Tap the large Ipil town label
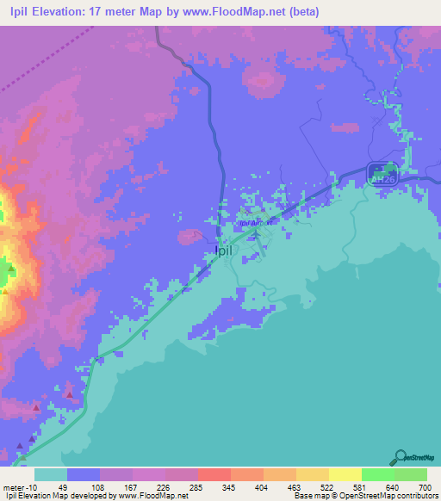tap(222, 251)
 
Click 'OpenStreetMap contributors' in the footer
tap(388, 496)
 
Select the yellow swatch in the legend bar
tap(345, 473)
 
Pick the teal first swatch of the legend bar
tap(51, 473)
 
